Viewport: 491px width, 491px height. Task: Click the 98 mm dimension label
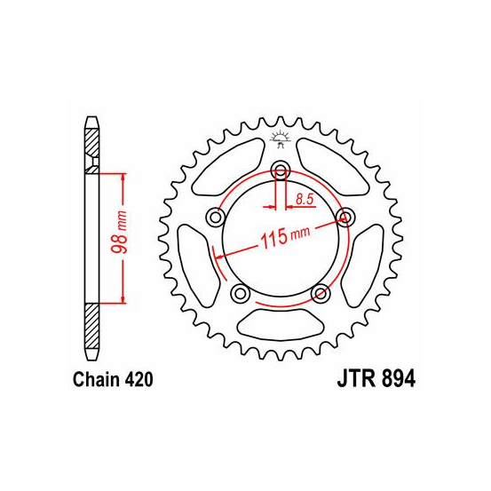120,233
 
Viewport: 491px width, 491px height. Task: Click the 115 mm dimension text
285,236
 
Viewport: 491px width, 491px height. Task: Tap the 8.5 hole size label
305,199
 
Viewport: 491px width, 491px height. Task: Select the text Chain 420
113,379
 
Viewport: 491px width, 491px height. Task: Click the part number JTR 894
376,379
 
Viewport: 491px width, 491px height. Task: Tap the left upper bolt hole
215,217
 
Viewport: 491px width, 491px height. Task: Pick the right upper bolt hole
344,217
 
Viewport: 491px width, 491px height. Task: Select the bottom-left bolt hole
240,293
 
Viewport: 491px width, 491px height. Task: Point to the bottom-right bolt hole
320,293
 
